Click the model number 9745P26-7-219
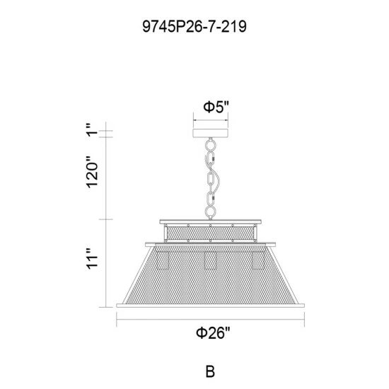coord(194,27)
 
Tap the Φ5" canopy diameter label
coord(216,108)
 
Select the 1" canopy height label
coord(92,129)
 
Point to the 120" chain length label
coord(92,172)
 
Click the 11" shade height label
coord(92,258)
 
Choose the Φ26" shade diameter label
coord(214,332)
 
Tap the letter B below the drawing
coord(210,371)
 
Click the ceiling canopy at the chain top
coord(211,133)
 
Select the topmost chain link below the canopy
coord(210,144)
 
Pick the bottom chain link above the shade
coord(210,212)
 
